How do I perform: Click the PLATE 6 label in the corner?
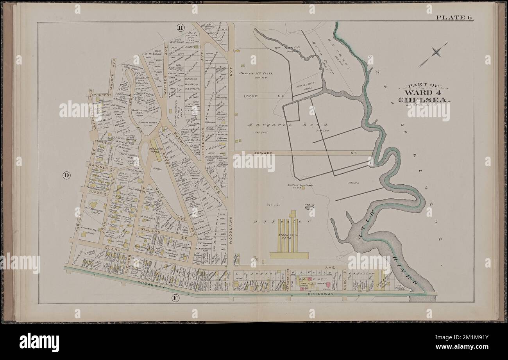[x=454, y=17]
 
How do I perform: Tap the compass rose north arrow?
[x=433, y=55]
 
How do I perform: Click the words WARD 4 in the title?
[x=424, y=93]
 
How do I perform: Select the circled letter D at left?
[x=66, y=175]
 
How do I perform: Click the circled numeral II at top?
[x=181, y=27]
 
